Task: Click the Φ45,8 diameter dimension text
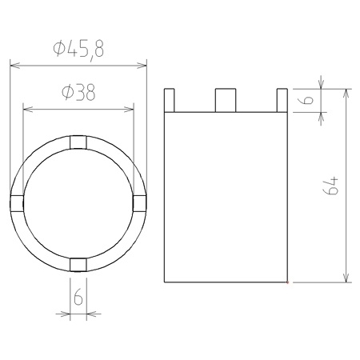tap(78, 50)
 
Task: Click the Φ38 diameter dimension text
tap(78, 92)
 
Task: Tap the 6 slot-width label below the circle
tap(78, 297)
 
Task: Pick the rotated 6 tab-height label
tap(308, 100)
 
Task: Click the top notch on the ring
tap(78, 142)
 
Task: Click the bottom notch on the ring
tap(78, 265)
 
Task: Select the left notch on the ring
tap(17, 203)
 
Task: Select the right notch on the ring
tap(139, 203)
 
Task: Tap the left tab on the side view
tap(169, 100)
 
